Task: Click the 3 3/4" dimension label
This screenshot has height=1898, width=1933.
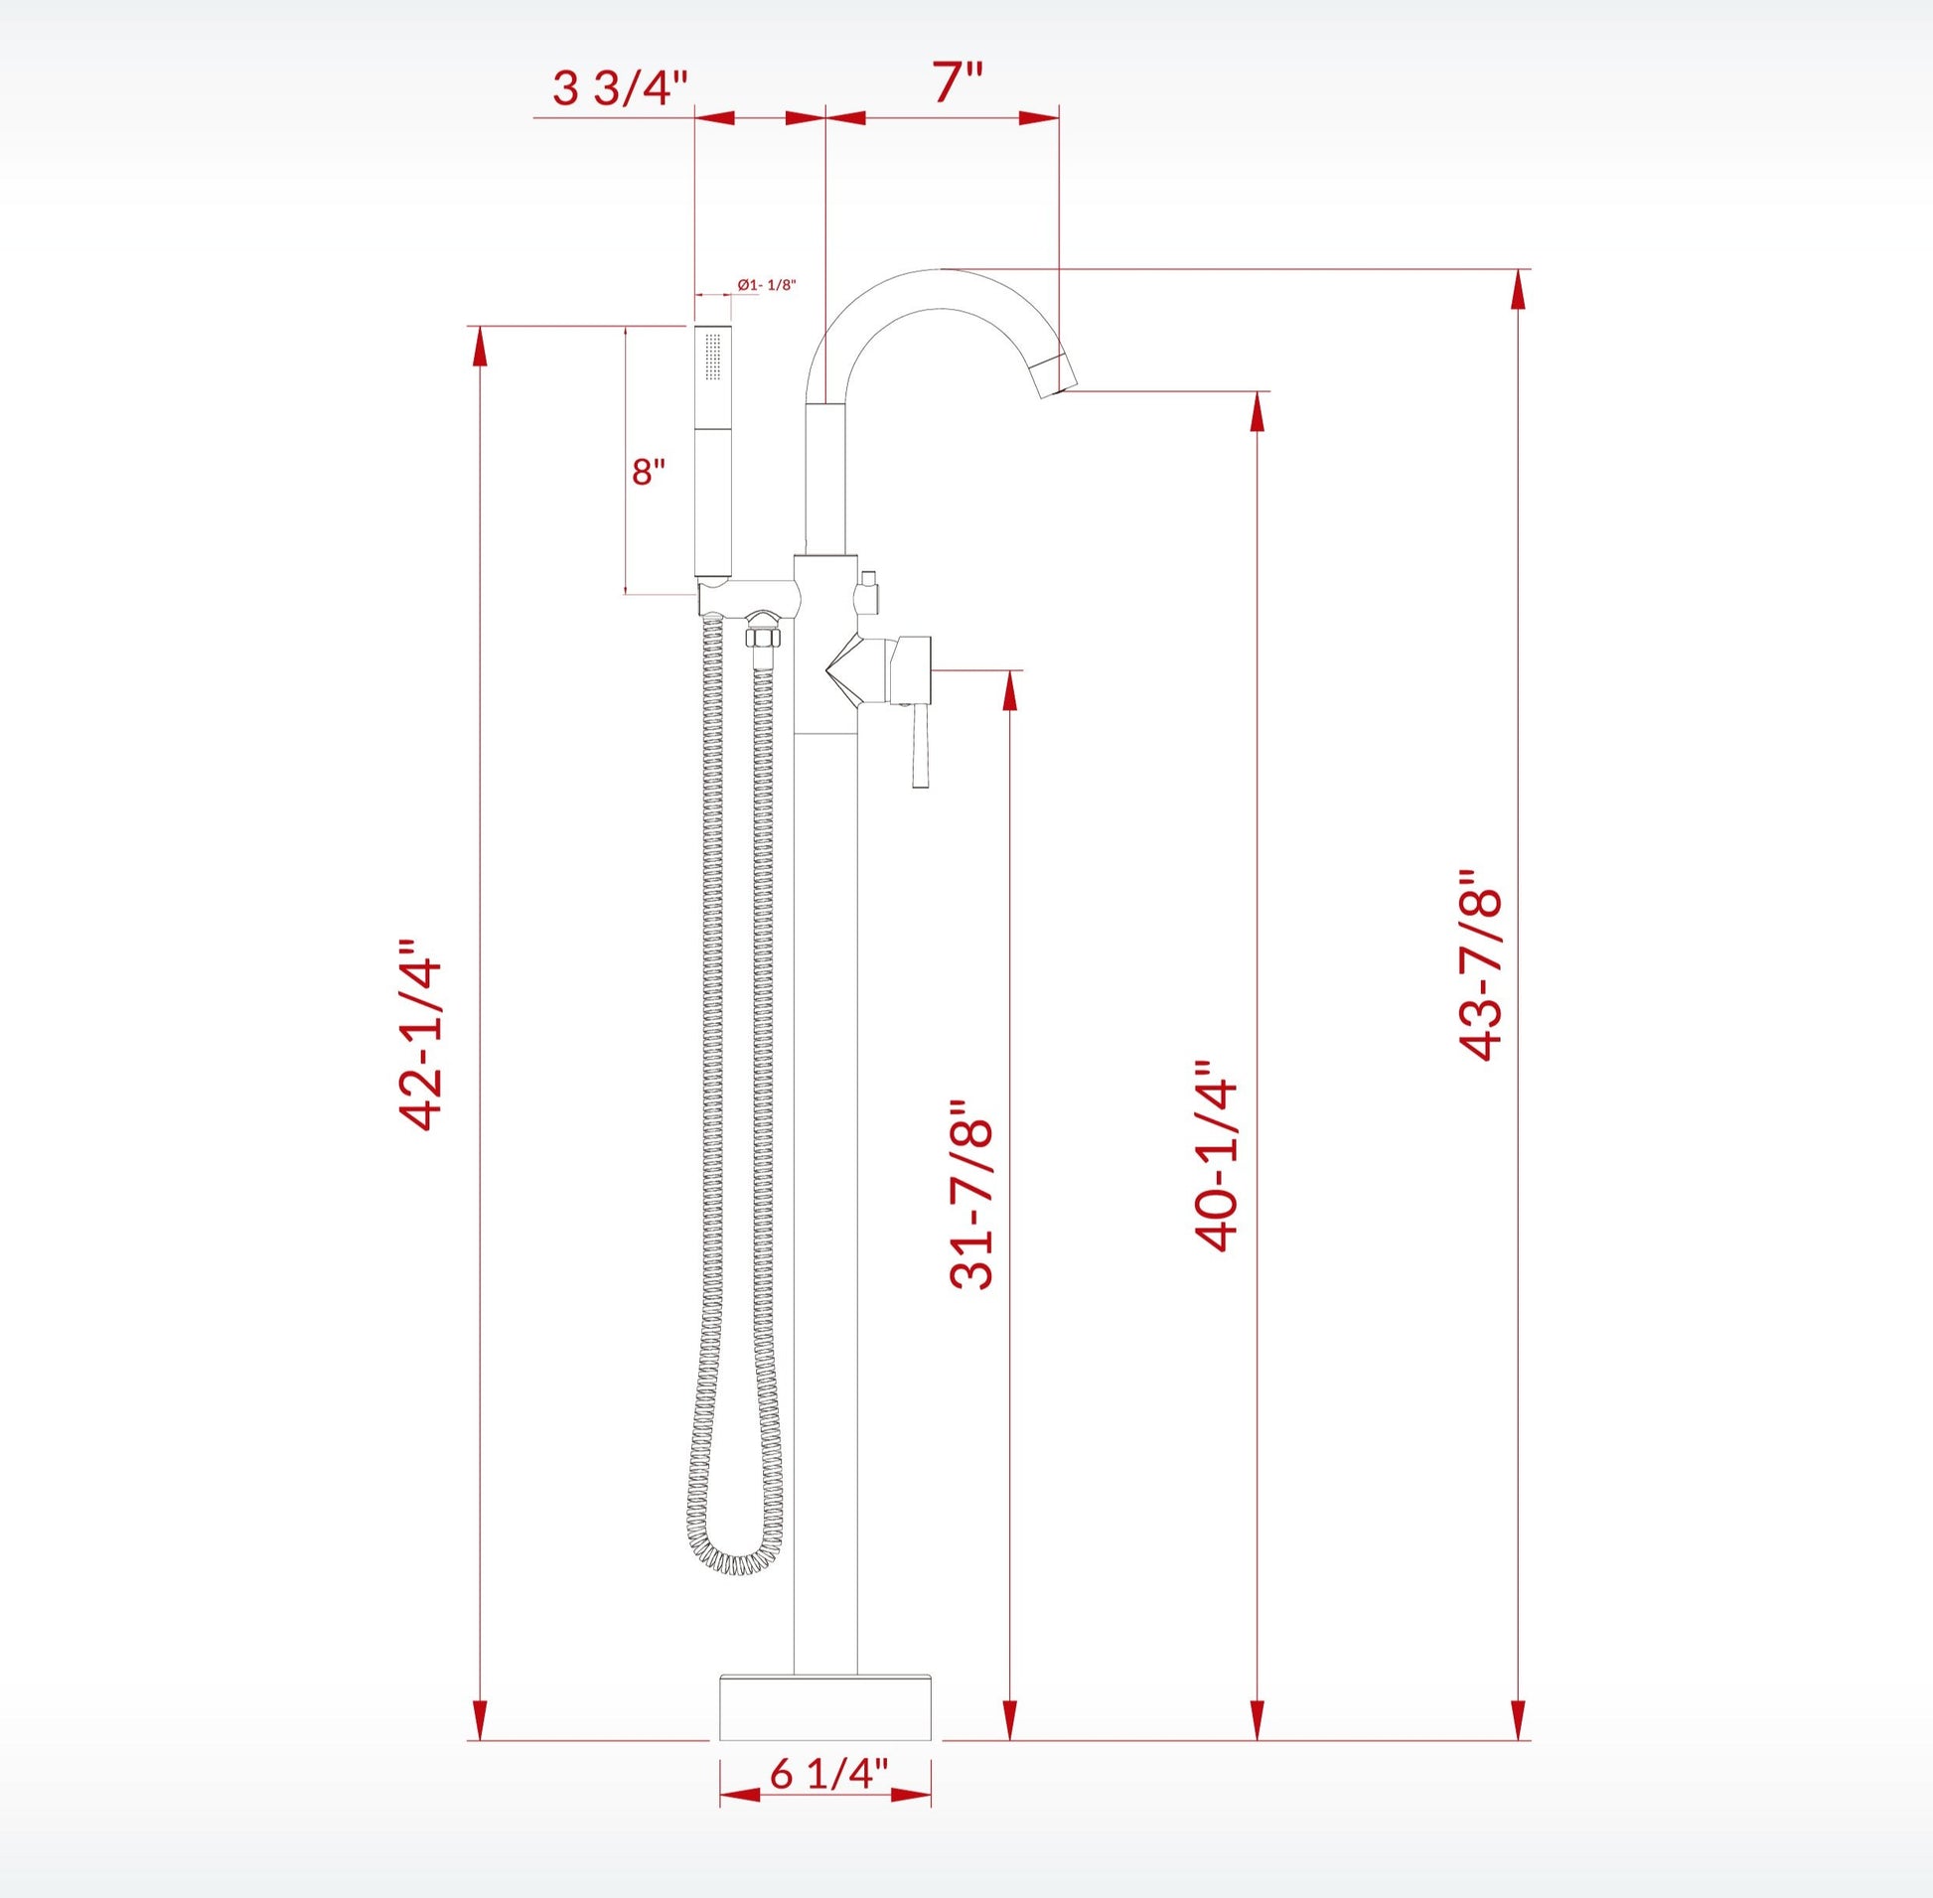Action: tap(620, 88)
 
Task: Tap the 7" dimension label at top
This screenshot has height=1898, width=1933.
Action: tap(958, 82)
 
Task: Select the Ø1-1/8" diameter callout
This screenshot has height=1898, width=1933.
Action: tap(767, 284)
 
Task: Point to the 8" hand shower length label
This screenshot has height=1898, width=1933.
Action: tap(648, 471)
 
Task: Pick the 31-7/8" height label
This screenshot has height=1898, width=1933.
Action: tap(973, 1195)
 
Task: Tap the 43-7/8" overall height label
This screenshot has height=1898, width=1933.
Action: tap(1479, 965)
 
